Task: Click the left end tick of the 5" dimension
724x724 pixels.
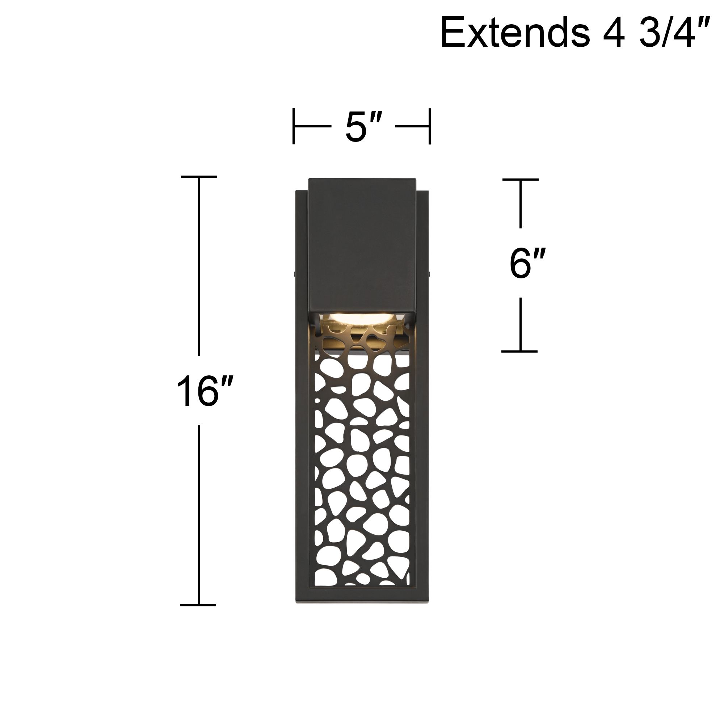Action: [294, 126]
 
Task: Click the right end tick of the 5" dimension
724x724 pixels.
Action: [430, 126]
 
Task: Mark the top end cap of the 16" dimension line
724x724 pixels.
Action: [199, 177]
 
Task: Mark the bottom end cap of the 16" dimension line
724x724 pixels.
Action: [198, 605]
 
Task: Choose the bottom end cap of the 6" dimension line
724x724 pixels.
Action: [520, 352]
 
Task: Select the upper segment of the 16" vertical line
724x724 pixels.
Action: [199, 266]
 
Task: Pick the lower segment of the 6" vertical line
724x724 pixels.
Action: [520, 324]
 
